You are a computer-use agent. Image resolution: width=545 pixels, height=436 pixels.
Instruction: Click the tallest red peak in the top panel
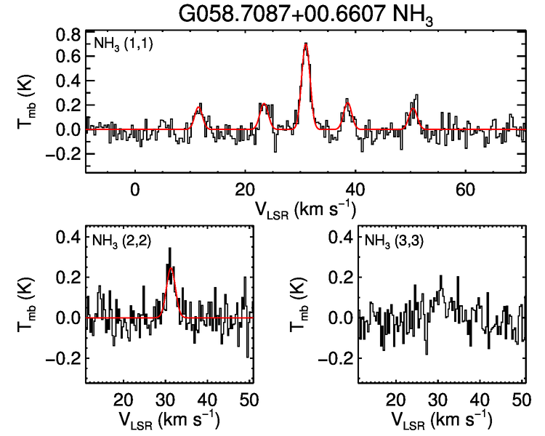[x=306, y=44]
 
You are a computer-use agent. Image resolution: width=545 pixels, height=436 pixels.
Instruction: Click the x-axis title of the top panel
[x=305, y=209]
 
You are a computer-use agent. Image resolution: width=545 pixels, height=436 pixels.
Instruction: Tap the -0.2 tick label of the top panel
[x=62, y=154]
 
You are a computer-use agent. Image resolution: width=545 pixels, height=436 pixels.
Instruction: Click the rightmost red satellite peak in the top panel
[x=413, y=110]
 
